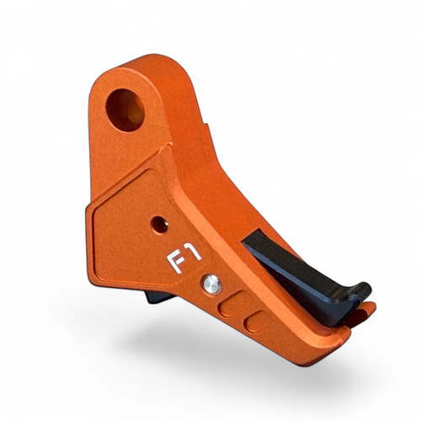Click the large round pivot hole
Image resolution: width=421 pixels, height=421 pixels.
point(125,108)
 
